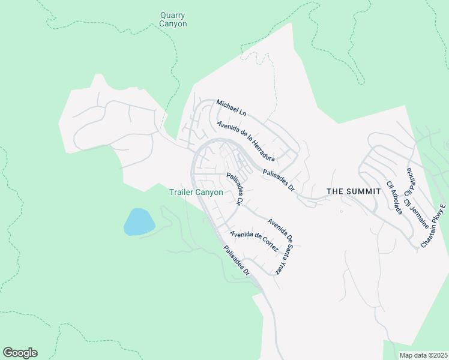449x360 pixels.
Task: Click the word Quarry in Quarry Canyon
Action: tap(173, 15)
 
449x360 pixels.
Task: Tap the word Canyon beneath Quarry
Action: tap(173, 24)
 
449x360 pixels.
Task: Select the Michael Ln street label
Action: tap(231, 108)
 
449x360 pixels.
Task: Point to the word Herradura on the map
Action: tap(261, 151)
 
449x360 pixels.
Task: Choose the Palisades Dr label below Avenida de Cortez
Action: tap(237, 262)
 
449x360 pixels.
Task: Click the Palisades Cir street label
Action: tap(234, 190)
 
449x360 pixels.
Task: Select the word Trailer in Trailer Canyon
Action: tap(182, 193)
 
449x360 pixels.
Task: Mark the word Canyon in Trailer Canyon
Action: tap(210, 193)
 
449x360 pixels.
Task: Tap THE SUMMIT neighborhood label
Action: tap(354, 191)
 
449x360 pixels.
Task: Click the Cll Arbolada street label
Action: tap(394, 197)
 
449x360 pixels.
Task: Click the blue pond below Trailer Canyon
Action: tap(139, 221)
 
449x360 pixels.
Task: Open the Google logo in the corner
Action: tap(20, 353)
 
